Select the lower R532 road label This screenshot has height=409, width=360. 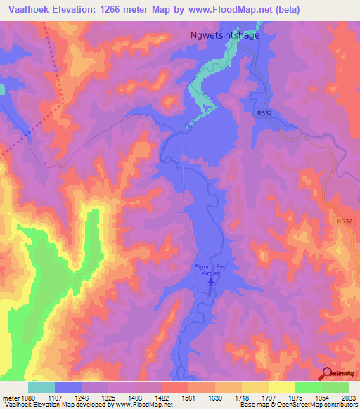pos(344,221)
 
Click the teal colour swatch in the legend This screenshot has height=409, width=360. pos(41,387)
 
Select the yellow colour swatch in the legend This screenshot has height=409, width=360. pos(282,387)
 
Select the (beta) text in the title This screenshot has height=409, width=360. pos(284,9)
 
